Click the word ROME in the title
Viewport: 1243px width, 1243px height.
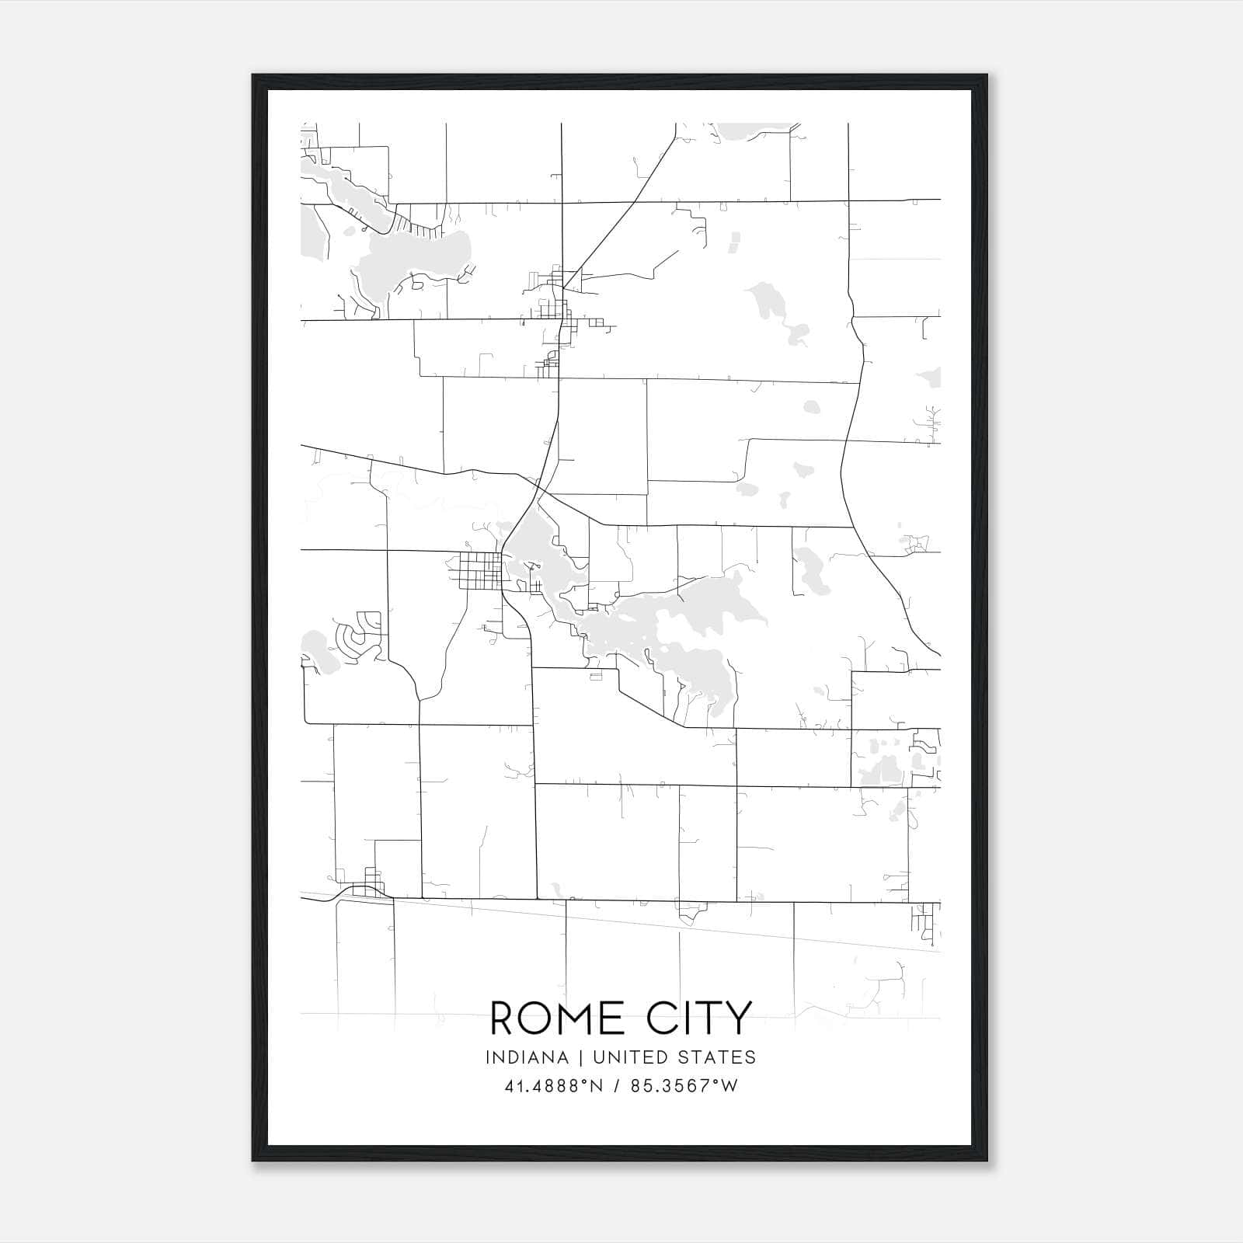557,1018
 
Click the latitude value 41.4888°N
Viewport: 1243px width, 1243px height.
554,1086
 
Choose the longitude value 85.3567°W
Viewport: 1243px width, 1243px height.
684,1086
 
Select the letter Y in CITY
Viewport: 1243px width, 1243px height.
738,1018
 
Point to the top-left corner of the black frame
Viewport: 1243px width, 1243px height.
253,75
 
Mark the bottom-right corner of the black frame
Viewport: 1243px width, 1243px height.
986,1161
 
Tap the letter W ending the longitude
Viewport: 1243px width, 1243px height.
729,1086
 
